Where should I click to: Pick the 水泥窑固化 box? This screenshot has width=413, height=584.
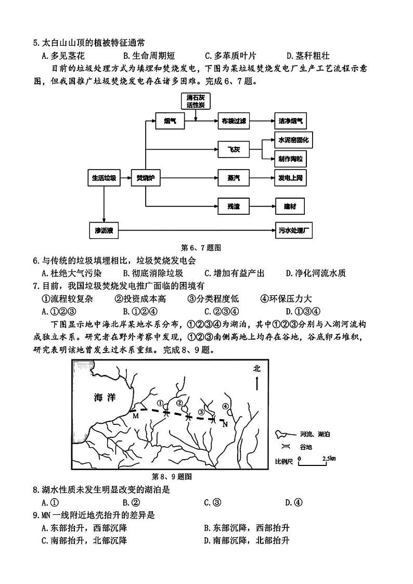click(x=293, y=140)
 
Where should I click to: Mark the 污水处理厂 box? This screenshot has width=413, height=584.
click(x=294, y=230)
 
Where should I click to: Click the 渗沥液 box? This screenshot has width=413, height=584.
click(x=104, y=230)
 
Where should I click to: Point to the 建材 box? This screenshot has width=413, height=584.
click(x=290, y=206)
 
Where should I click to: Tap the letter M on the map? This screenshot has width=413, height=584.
click(x=135, y=416)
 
